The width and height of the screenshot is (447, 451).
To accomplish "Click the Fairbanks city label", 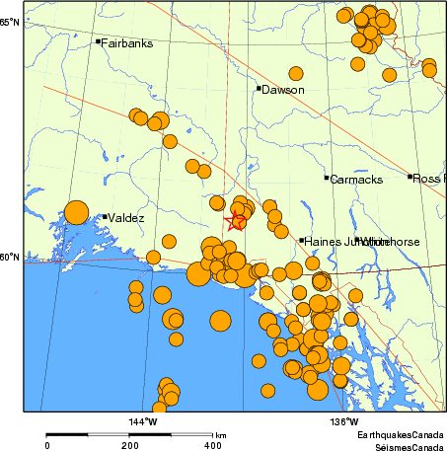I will tap(127, 43).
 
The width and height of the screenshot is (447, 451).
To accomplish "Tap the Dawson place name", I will tap(283, 90).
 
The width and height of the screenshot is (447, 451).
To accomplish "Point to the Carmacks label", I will tap(355, 180).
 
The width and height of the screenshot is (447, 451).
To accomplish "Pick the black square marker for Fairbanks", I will tap(98, 41).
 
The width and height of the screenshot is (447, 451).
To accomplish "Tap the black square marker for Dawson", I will tap(259, 88).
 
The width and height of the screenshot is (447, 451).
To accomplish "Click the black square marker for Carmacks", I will tap(327, 178).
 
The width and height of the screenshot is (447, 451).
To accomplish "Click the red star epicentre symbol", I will tap(236, 222).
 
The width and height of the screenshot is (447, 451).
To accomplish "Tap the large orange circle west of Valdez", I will tap(76, 212).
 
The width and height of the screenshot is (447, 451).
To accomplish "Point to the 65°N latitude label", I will tap(10, 21).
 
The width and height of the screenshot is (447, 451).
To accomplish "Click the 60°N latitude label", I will tap(10, 259).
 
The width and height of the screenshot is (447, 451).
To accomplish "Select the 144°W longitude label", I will tap(143, 422).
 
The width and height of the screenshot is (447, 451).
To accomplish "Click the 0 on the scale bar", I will tap(47, 445).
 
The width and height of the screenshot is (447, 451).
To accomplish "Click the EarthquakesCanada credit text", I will tap(401, 434).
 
